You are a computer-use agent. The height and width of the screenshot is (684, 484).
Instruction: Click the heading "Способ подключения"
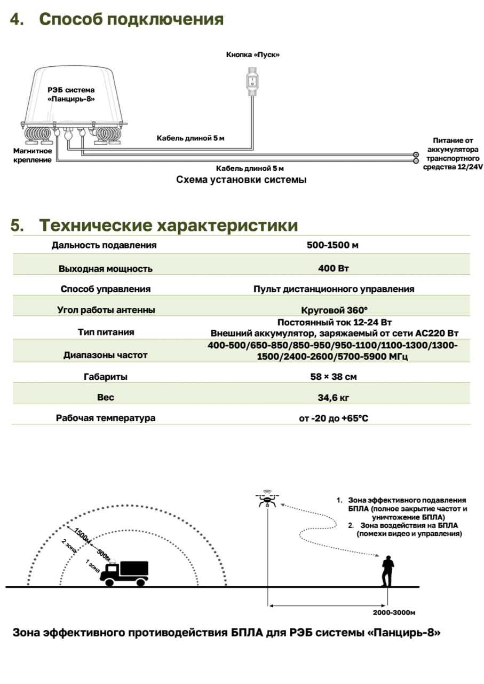tap(131, 20)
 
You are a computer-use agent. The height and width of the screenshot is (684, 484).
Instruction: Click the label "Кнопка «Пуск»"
tap(253, 55)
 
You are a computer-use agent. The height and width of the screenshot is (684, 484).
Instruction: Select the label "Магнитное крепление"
tap(32, 155)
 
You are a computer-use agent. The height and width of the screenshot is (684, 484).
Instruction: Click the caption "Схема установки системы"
tap(241, 180)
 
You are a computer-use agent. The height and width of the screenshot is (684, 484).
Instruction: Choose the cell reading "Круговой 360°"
tap(335, 309)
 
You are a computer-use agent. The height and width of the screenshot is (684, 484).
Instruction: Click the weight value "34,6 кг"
tap(335, 398)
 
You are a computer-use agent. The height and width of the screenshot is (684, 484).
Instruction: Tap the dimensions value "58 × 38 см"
tap(335, 377)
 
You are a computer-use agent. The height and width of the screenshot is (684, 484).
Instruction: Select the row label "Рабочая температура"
tap(106, 418)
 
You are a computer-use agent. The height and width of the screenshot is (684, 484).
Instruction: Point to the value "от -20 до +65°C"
tap(334, 418)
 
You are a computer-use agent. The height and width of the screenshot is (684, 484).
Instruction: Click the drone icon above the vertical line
tap(267, 500)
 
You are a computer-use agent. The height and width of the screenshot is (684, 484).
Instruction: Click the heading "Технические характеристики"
tap(169, 226)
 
